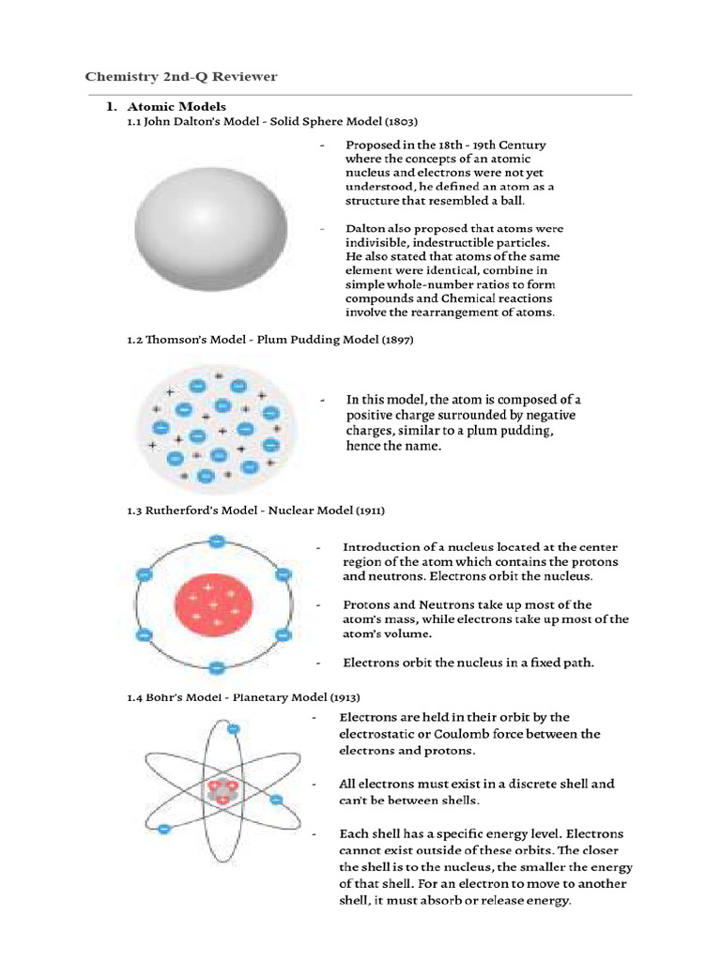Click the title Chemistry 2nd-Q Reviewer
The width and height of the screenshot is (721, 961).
click(x=181, y=76)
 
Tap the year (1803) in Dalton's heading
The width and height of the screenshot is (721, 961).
click(x=399, y=122)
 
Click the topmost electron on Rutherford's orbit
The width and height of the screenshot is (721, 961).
click(x=217, y=541)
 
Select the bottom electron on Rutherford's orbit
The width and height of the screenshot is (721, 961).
click(x=217, y=668)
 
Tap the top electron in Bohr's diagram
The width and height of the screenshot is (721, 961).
click(x=234, y=728)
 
